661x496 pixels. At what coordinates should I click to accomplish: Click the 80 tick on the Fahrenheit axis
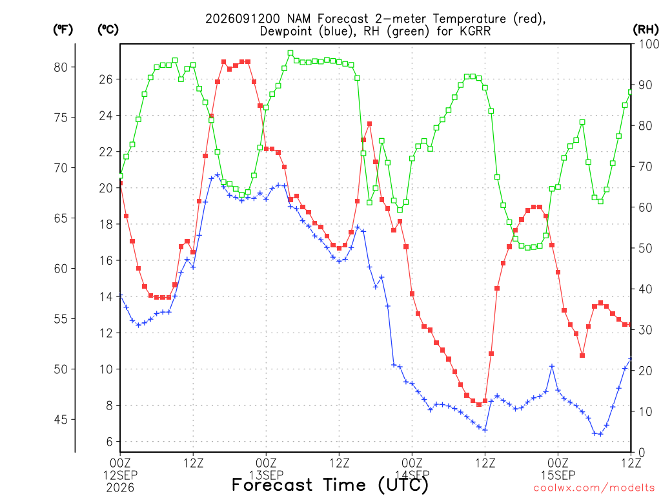coord(61,67)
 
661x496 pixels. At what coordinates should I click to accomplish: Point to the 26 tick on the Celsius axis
coord(107,79)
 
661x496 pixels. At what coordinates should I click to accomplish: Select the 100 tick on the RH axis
coord(649,44)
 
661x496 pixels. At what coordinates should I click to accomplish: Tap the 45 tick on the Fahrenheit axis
coord(61,419)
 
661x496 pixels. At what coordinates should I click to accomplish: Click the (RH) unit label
coord(646,30)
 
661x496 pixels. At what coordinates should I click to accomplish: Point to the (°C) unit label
coord(108,30)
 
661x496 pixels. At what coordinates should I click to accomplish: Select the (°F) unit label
coord(63,30)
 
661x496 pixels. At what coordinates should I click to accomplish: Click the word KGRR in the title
coord(474,31)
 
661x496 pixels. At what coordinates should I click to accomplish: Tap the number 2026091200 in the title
coord(243,19)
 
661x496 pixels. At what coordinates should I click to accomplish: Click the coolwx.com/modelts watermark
coord(594,488)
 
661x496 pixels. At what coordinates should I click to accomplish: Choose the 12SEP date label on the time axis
coord(120,475)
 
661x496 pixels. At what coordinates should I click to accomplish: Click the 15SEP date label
coord(558,475)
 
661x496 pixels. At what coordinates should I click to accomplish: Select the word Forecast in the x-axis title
coord(272,484)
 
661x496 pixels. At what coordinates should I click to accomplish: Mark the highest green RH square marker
coord(290,53)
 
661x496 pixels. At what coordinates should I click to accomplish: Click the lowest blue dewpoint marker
coord(600,434)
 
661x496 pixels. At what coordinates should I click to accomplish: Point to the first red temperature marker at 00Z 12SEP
coord(121,183)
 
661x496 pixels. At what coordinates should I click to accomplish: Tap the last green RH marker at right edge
coord(631,92)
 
